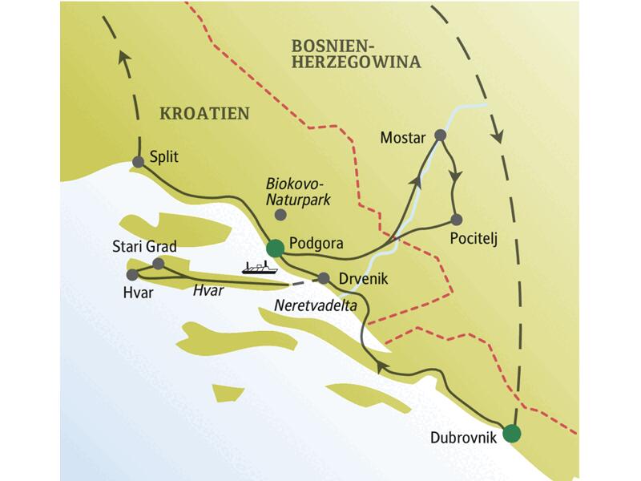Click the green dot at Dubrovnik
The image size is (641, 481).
(x=512, y=434)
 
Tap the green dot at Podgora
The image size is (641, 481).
(x=276, y=248)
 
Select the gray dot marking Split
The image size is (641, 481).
(x=138, y=161)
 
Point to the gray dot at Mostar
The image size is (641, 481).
(x=440, y=136)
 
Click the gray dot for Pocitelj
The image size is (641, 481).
(x=456, y=219)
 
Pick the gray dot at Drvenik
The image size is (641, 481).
(x=324, y=279)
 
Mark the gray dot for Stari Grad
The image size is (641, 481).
(x=159, y=263)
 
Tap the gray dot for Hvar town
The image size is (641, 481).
(x=132, y=275)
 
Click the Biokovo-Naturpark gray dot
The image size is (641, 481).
(x=280, y=215)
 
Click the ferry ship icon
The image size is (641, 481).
(x=256, y=268)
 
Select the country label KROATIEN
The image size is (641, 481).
(x=204, y=112)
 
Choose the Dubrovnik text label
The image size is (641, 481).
(x=464, y=438)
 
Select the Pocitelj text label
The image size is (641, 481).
(x=472, y=238)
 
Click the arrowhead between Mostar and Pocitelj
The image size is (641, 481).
(x=456, y=174)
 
